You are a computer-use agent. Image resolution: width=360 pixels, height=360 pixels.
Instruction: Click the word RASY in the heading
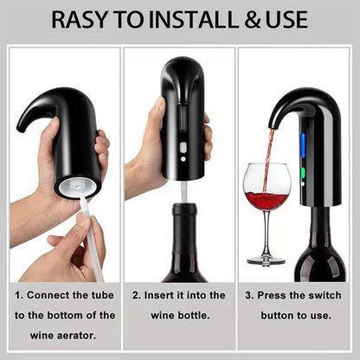pos(79,20)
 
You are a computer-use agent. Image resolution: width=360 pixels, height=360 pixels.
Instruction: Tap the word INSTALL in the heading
pos(194,20)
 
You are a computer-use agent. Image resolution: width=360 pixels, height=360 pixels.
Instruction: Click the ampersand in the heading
pos(253,20)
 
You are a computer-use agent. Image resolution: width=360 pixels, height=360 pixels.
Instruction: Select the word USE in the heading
pos(286,20)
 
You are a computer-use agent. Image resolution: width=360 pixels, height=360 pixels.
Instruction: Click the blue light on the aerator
pos(303,144)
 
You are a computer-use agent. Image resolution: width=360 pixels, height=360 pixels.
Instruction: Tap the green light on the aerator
pos(303,173)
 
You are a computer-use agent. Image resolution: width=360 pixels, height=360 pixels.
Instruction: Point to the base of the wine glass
pos(266,260)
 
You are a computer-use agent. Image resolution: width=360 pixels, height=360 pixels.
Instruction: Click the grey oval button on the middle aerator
pos(183,147)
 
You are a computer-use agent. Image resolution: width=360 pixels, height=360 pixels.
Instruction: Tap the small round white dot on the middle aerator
pos(183,159)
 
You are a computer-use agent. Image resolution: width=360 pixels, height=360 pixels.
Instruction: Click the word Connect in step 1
pos(48,295)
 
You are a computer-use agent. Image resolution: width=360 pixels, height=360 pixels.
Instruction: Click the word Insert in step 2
pos(157,295)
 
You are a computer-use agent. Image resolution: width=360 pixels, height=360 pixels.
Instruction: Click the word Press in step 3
pos(270,295)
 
